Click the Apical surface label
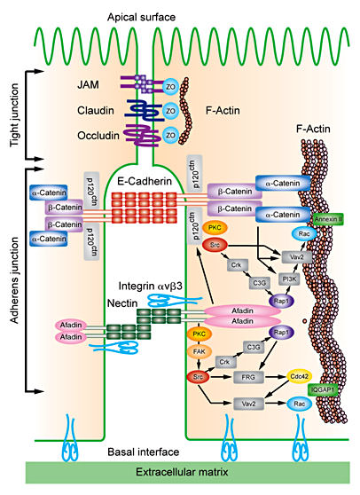tap(179, 15)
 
